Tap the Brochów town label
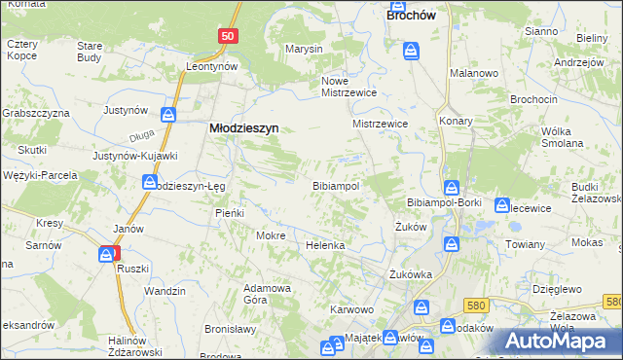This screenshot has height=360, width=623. click(x=411, y=16)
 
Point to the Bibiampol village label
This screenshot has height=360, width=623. click(x=336, y=185)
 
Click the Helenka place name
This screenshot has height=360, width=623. click(x=326, y=245)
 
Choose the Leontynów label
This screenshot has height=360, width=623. click(x=213, y=66)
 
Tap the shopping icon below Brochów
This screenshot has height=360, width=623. click(x=412, y=49)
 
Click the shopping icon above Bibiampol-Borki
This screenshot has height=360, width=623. click(x=452, y=186)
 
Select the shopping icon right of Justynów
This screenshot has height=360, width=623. click(x=169, y=115)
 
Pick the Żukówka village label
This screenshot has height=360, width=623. click(x=410, y=274)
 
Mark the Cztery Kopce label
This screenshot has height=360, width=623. click(x=21, y=50)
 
